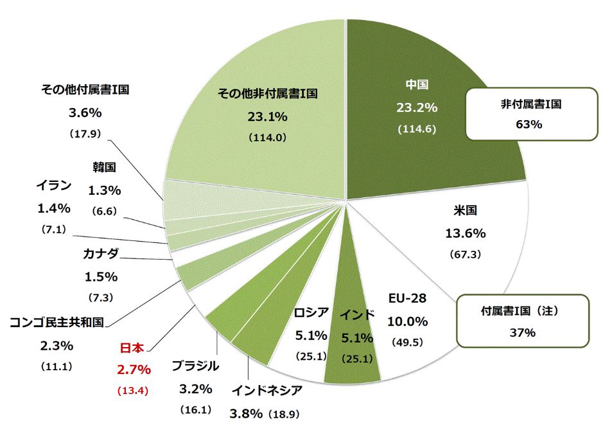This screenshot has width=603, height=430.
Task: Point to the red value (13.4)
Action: (x=134, y=390)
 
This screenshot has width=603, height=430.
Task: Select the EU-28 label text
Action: (x=407, y=299)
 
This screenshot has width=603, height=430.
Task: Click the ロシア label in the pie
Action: (x=311, y=313)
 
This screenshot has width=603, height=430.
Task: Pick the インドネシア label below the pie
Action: (x=267, y=390)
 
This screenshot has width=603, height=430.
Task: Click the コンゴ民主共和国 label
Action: (x=57, y=322)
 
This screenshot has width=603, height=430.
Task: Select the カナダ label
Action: (x=101, y=254)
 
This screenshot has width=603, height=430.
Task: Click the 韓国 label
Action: (x=103, y=168)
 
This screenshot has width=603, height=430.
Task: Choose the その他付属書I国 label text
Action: (x=85, y=90)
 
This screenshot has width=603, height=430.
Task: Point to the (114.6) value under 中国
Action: (x=417, y=129)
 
